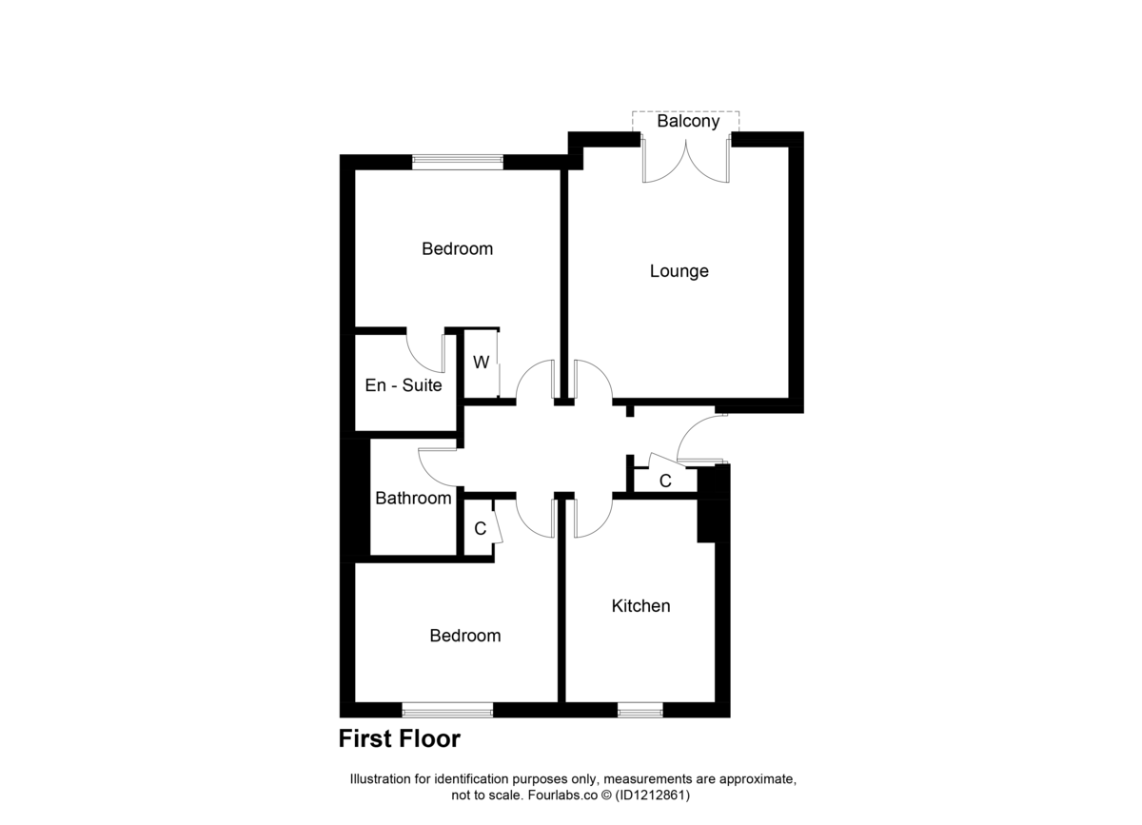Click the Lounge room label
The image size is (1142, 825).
coord(679,271)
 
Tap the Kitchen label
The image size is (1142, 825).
coord(640,606)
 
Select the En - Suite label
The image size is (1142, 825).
coord(404,385)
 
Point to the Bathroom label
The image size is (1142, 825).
coord(413,498)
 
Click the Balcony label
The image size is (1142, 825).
coord(688,122)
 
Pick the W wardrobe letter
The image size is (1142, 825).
coord(482,362)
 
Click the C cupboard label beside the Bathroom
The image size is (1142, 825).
coord(481,529)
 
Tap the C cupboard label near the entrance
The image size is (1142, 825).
coord(665,481)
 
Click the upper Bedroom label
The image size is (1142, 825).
coord(458,248)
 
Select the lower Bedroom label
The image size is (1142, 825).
coord(465,636)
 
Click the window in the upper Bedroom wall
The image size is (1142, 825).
coord(458,162)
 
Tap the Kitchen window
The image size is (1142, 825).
coord(640,710)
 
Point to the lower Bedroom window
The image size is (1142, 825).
coord(447,710)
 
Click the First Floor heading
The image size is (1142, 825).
coord(400,738)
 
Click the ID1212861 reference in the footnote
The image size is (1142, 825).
coord(653,795)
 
